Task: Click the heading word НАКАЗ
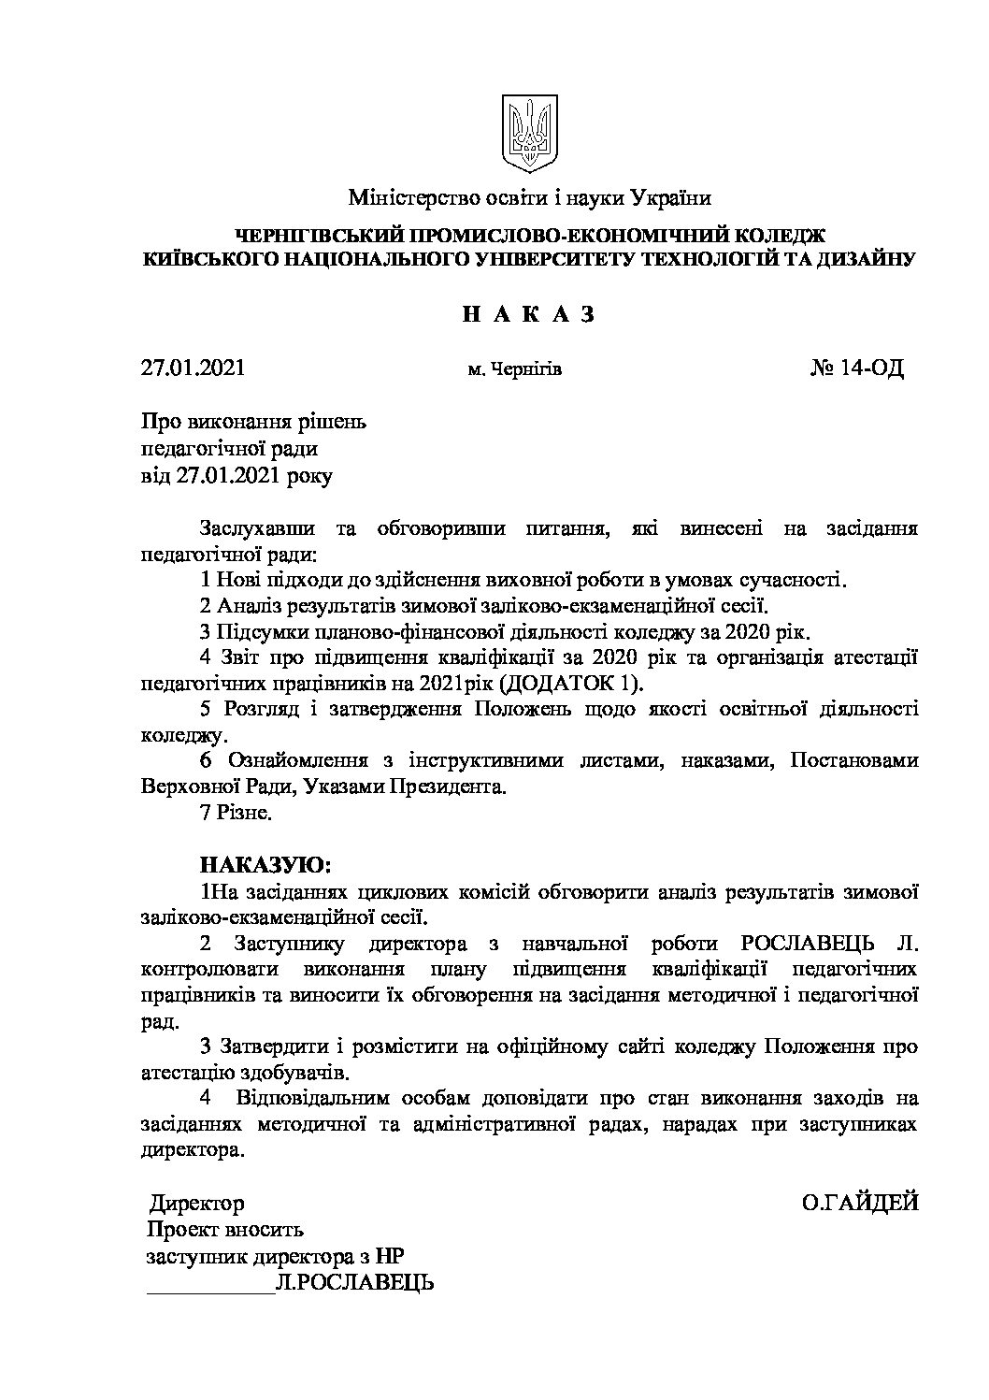(x=529, y=314)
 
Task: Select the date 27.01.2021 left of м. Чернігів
(x=193, y=368)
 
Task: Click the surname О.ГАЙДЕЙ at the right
(x=860, y=1203)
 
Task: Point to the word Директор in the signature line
(x=197, y=1204)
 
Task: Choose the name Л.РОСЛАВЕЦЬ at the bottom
(x=355, y=1284)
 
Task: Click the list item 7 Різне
(x=236, y=814)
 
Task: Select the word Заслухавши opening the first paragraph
(x=250, y=529)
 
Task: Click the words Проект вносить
(x=225, y=1231)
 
